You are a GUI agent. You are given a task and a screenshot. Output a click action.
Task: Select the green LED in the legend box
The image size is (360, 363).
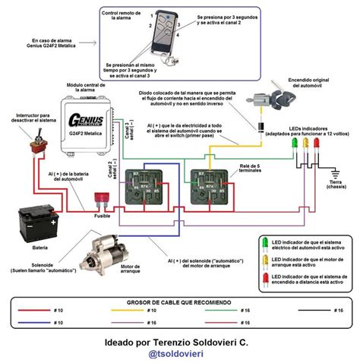point(264,244)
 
